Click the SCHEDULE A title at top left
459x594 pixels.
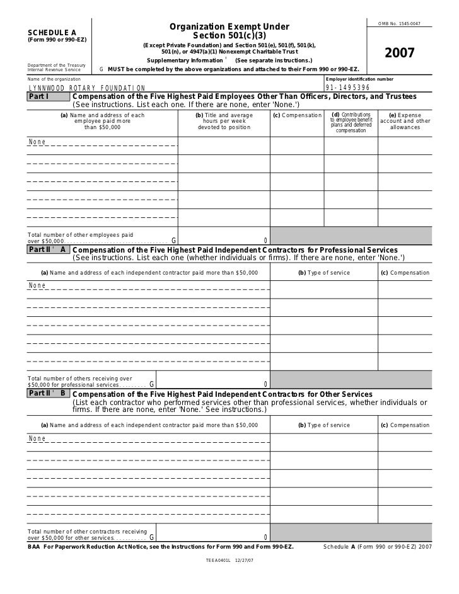pyautogui.click(x=52, y=32)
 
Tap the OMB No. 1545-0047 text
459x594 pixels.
pyautogui.click(x=399, y=24)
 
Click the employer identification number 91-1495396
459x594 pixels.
pyautogui.click(x=347, y=88)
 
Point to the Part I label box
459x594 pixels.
pyautogui.click(x=48, y=97)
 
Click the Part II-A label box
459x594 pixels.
pyautogui.click(x=48, y=250)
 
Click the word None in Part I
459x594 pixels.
pyautogui.click(x=37, y=142)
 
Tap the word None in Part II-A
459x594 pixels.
pyautogui.click(x=37, y=285)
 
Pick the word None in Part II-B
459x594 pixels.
pyautogui.click(x=37, y=438)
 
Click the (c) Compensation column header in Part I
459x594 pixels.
pyautogui.click(x=297, y=116)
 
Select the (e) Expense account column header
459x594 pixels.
pyautogui.click(x=405, y=121)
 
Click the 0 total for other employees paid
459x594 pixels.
pyautogui.click(x=265, y=241)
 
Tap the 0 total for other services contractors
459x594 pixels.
pyautogui.click(x=265, y=537)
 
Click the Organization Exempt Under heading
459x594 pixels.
pyautogui.click(x=229, y=26)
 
